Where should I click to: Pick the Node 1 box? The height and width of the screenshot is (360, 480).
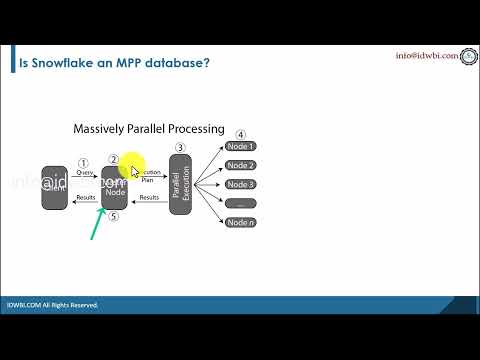(x=241, y=147)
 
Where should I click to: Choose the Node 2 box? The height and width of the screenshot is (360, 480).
(x=241, y=165)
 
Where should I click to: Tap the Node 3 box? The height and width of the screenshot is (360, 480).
(x=241, y=184)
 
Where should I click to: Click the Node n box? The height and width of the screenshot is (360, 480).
(x=241, y=222)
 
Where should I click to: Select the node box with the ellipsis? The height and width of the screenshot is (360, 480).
(x=241, y=203)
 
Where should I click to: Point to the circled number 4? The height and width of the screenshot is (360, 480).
(x=240, y=134)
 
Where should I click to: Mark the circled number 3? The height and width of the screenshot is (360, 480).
(x=180, y=148)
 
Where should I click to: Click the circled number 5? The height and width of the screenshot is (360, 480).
(x=114, y=216)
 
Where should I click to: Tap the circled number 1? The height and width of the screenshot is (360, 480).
(x=84, y=162)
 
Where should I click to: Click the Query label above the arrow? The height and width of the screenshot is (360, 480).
(x=85, y=173)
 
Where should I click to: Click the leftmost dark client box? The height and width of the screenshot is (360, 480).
(x=54, y=187)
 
